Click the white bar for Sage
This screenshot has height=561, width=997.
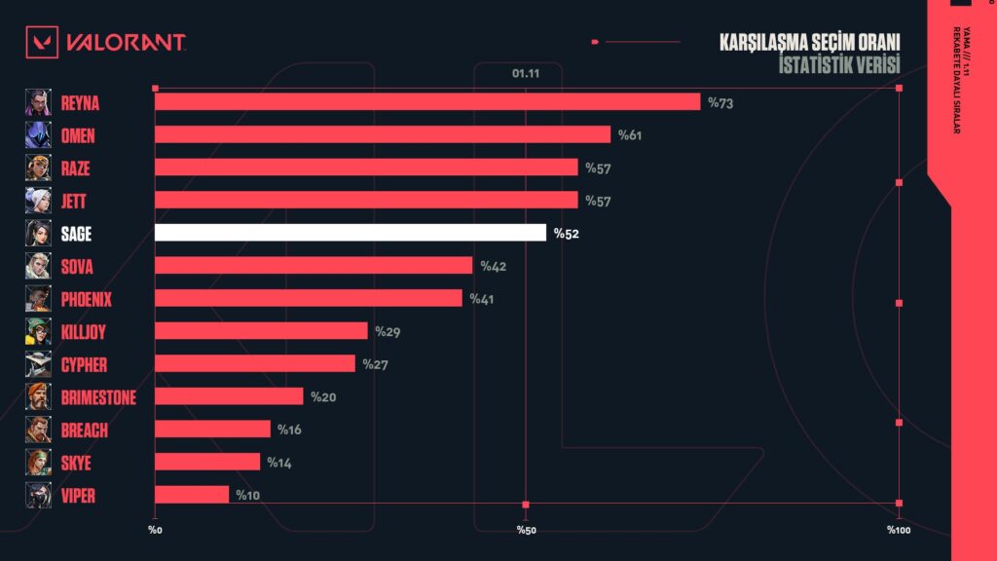pyautogui.click(x=351, y=233)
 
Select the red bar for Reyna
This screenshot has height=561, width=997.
pyautogui.click(x=427, y=101)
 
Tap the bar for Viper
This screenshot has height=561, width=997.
pyautogui.click(x=192, y=495)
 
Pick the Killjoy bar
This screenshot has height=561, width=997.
pyautogui.click(x=261, y=331)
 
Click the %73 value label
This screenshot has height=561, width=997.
pyautogui.click(x=720, y=102)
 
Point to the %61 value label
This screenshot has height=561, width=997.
pyautogui.click(x=630, y=134)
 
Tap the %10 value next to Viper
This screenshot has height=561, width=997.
pyautogui.click(x=247, y=496)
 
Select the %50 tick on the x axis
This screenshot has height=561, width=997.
pyautogui.click(x=526, y=530)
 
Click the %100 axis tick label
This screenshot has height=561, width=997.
pyautogui.click(x=898, y=530)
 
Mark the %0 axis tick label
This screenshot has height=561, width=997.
pyautogui.click(x=155, y=530)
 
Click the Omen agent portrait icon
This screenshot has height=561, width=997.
pyautogui.click(x=38, y=134)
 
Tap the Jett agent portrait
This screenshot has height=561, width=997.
pyautogui.click(x=38, y=200)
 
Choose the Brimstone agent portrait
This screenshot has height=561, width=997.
pyautogui.click(x=38, y=396)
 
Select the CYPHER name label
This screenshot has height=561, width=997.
pyautogui.click(x=83, y=364)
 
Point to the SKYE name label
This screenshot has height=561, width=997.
pyautogui.click(x=77, y=462)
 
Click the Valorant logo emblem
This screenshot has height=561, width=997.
pyautogui.click(x=41, y=42)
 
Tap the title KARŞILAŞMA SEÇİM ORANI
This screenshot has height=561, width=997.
pyautogui.click(x=809, y=43)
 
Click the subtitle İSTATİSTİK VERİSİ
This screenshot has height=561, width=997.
pyautogui.click(x=839, y=64)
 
